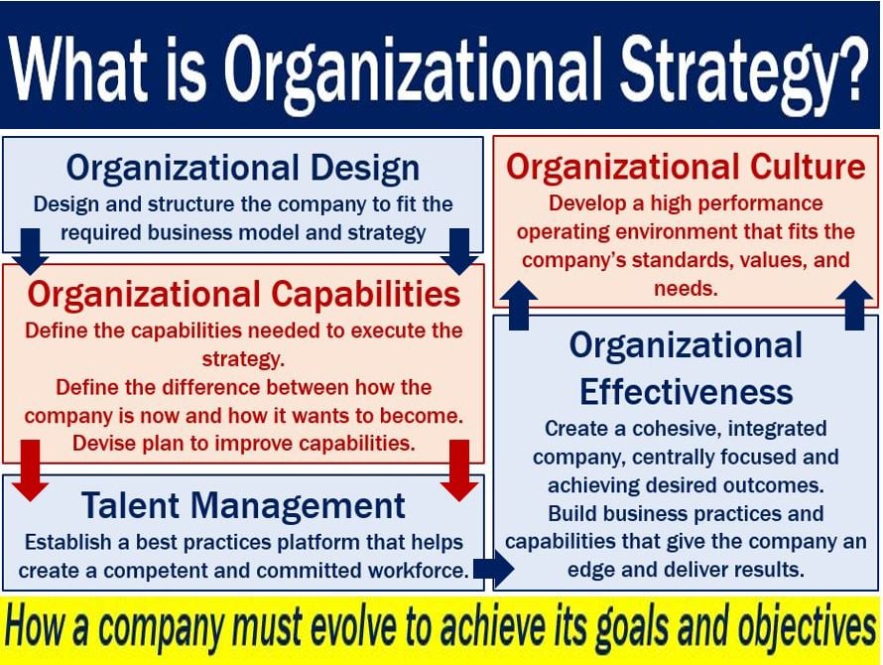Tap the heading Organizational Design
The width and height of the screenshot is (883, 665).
click(243, 169)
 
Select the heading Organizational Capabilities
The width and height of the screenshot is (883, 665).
click(244, 295)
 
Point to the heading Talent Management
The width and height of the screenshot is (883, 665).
click(243, 505)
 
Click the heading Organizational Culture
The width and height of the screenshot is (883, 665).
click(686, 168)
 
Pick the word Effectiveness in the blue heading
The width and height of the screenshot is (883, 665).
click(686, 392)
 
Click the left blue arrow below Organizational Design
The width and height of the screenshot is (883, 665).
click(31, 251)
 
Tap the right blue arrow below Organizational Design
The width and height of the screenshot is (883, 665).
click(459, 251)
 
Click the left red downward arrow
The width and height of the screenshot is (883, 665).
click(31, 470)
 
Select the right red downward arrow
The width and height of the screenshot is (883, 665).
click(459, 470)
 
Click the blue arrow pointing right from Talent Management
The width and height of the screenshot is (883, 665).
click(493, 569)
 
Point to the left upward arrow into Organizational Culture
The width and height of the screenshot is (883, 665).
click(519, 306)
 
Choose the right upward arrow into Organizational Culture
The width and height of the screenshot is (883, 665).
click(855, 306)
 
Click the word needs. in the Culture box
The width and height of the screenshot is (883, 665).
click(686, 290)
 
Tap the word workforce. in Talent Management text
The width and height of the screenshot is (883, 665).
click(419, 571)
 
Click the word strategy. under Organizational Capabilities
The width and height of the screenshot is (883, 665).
click(243, 360)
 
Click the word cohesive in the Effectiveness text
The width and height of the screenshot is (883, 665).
click(676, 429)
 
